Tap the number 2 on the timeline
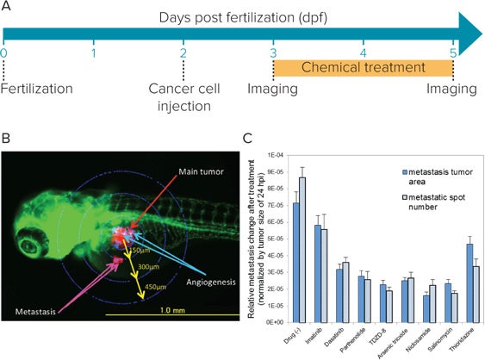(183, 53)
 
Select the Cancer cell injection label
(183, 97)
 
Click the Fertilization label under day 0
(33, 89)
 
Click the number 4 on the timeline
(364, 53)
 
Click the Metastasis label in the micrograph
(42, 305)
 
